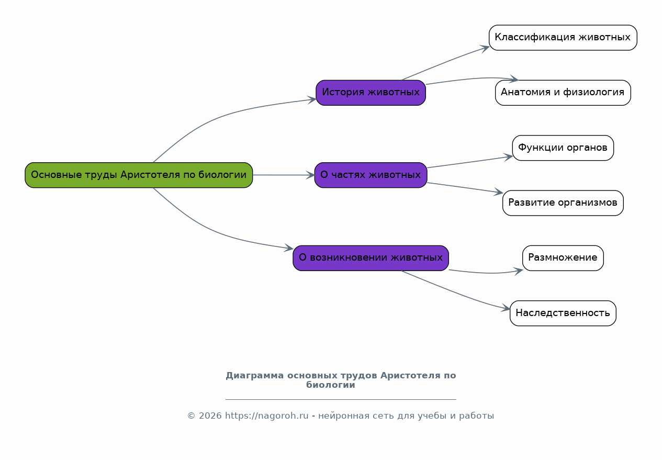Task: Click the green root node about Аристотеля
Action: coord(139,175)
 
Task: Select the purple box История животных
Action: coord(371,93)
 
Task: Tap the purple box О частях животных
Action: coord(371,175)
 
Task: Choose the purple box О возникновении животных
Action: coord(371,258)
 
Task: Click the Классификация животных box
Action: coord(563,38)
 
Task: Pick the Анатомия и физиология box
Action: coord(563,93)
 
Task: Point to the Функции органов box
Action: coord(563,148)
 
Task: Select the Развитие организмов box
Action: coord(563,203)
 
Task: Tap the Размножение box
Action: coord(563,258)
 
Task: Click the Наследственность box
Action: coord(563,313)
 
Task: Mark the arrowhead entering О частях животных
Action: coord(311,175)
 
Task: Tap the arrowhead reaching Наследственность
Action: coord(507,309)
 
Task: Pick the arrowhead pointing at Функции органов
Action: coord(509,156)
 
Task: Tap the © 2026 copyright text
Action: coord(204,416)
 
